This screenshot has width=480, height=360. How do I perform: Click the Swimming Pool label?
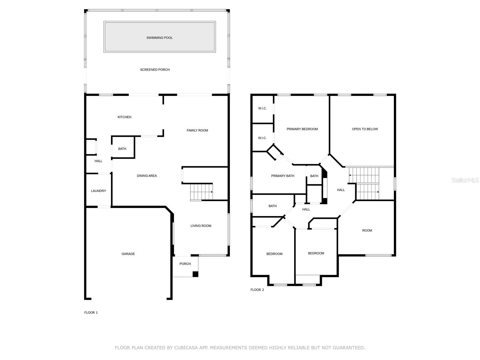tap(159, 38)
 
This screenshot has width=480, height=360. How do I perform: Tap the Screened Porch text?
tap(155, 70)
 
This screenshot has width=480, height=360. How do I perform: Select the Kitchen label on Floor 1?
tap(124, 117)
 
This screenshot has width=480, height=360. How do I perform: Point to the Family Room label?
tap(197, 130)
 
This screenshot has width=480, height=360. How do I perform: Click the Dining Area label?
tap(147, 176)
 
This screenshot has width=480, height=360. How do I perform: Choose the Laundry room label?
tap(98, 191)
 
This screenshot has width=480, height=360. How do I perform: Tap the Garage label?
tap(128, 254)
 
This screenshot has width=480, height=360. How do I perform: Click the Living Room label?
tap(201, 226)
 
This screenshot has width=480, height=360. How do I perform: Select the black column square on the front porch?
tap(195, 274)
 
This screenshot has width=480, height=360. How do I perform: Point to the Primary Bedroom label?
tap(302, 129)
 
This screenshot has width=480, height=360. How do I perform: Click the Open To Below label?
tap(365, 129)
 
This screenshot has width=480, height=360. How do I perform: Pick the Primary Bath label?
tap(283, 176)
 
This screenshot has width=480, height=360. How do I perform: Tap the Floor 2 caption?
tap(257, 290)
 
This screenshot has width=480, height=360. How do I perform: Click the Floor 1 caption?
tap(91, 313)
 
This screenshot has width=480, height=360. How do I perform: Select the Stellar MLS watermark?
tap(465, 180)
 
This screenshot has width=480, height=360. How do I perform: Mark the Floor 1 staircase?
tap(201, 192)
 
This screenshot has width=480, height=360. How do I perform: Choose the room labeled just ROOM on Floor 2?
tap(367, 230)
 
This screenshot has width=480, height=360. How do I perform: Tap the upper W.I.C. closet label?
tap(262, 108)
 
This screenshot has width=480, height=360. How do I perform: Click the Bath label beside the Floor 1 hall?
tap(122, 149)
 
